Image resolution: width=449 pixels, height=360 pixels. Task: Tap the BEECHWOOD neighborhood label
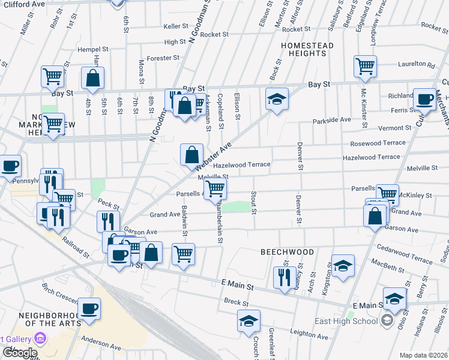(x=287, y=252)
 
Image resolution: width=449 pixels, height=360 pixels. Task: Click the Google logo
(x=19, y=353)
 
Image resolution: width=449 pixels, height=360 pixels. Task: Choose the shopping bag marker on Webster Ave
(x=191, y=155)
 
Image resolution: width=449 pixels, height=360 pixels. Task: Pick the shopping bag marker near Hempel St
(x=93, y=77)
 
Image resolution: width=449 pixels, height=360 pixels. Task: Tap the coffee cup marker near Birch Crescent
(x=89, y=308)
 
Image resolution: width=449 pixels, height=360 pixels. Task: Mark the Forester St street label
(x=163, y=58)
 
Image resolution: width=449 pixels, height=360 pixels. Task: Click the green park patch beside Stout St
(x=240, y=207)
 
